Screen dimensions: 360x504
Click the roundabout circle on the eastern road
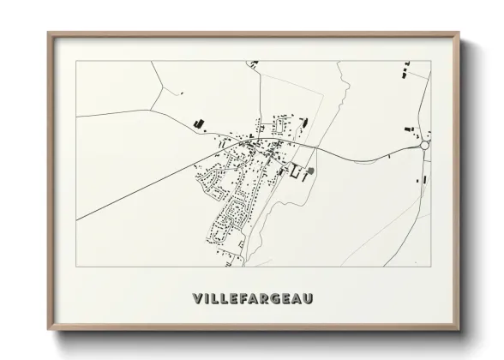point(424,146)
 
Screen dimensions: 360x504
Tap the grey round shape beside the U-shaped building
point(310,171)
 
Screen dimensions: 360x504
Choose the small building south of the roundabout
point(423,179)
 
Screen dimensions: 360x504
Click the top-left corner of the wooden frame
point(48,33)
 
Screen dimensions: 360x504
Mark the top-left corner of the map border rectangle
point(76,61)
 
